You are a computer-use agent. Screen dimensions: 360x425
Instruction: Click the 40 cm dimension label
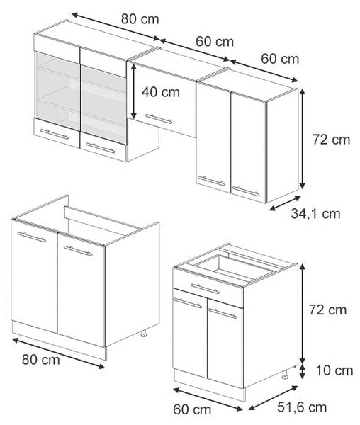[x=160, y=92]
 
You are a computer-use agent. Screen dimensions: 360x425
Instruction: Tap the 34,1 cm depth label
[x=315, y=214]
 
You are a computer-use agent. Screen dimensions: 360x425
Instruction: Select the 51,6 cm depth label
[x=302, y=407]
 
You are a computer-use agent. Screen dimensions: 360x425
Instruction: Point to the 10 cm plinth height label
[x=334, y=370]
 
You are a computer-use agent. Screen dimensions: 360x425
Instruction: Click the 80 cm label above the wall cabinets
[x=140, y=19]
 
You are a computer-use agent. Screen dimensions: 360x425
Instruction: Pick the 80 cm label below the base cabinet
[x=41, y=360]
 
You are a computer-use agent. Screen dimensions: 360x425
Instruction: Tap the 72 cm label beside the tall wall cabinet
[x=331, y=140]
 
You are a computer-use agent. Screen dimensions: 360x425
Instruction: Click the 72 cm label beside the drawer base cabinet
[x=327, y=310]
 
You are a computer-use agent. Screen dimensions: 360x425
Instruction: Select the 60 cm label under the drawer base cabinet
[x=192, y=409]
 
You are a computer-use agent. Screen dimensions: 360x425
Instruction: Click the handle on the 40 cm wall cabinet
[x=159, y=119]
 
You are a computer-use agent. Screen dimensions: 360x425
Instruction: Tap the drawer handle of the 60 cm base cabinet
[x=205, y=289]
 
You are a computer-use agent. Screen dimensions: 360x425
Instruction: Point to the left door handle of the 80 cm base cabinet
[x=31, y=237]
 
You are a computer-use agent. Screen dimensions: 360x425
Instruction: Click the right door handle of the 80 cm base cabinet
[x=78, y=251]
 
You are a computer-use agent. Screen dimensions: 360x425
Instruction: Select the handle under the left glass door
[x=55, y=134]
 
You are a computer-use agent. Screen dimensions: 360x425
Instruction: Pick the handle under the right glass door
[x=101, y=148]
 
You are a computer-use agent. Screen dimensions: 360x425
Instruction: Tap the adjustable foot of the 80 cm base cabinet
[x=144, y=334]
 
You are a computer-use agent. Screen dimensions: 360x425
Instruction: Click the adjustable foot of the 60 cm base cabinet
[x=285, y=374]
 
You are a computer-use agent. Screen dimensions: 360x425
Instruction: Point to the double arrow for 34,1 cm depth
[x=285, y=203]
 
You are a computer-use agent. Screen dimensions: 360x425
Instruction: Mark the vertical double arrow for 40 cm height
[x=133, y=91]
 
